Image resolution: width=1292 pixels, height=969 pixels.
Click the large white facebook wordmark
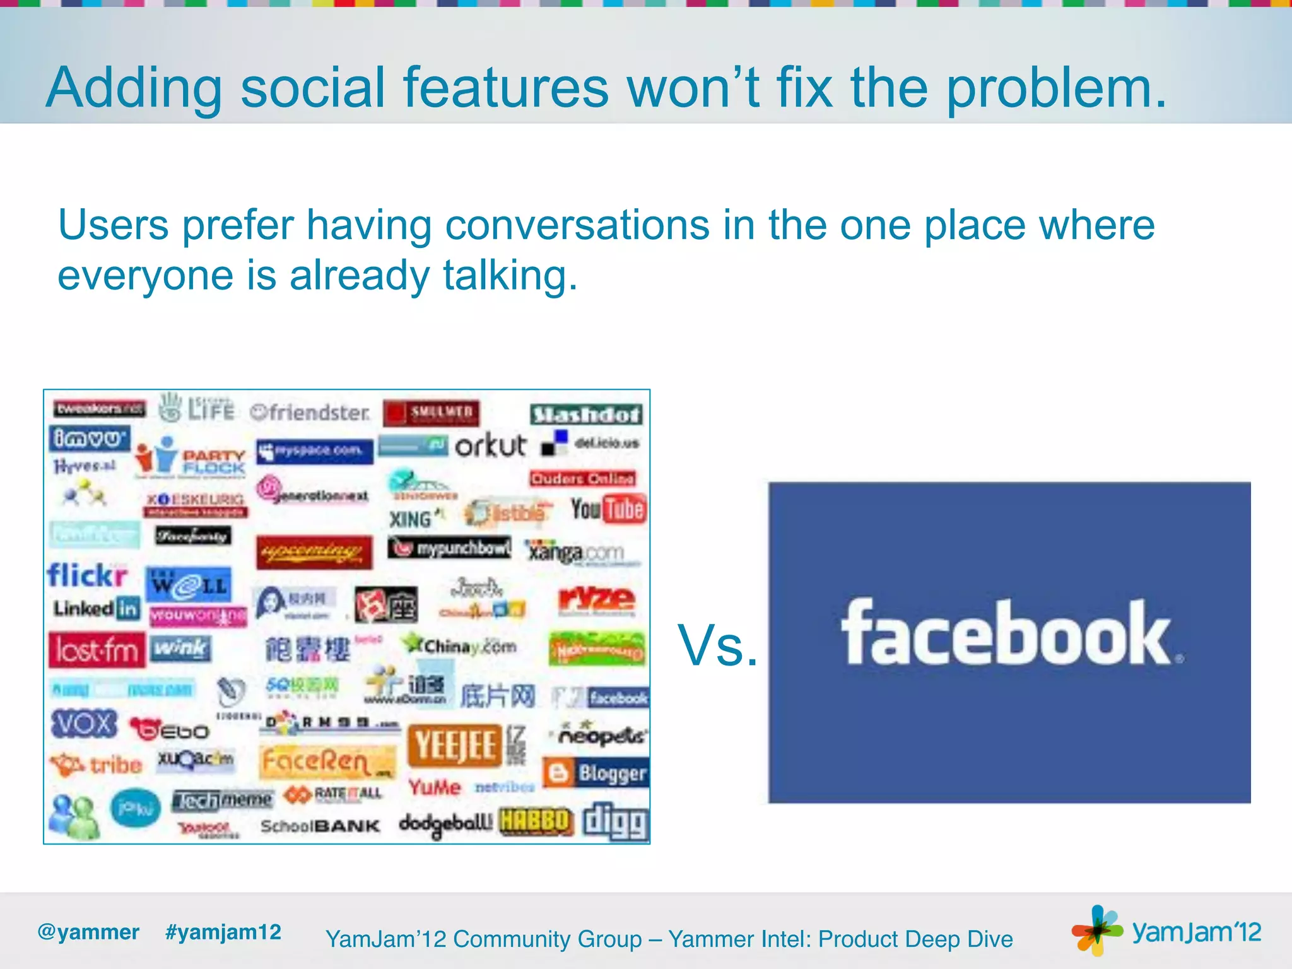tap(1009, 633)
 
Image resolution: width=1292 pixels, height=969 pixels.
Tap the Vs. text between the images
tap(717, 645)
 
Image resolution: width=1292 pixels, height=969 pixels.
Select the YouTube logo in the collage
tap(608, 509)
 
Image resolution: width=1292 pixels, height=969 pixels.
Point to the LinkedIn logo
tap(96, 608)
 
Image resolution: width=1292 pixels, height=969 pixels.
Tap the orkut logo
tap(490, 445)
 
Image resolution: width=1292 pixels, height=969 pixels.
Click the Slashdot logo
tap(586, 414)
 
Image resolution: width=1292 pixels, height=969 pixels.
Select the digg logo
tap(615, 822)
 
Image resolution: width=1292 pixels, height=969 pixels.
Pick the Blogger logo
tap(596, 773)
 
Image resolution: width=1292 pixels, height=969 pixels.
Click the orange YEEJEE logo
tap(455, 746)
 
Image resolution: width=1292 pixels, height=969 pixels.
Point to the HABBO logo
tap(536, 821)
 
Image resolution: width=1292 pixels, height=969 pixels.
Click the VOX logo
tap(84, 724)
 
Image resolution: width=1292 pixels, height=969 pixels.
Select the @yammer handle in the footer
tap(88, 932)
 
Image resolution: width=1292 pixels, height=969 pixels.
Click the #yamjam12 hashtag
tap(223, 932)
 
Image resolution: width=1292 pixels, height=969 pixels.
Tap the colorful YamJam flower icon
tap(1096, 930)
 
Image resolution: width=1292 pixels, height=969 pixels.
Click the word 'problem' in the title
tap(1056, 88)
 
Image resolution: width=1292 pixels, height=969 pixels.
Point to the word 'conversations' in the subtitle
tap(577, 225)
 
